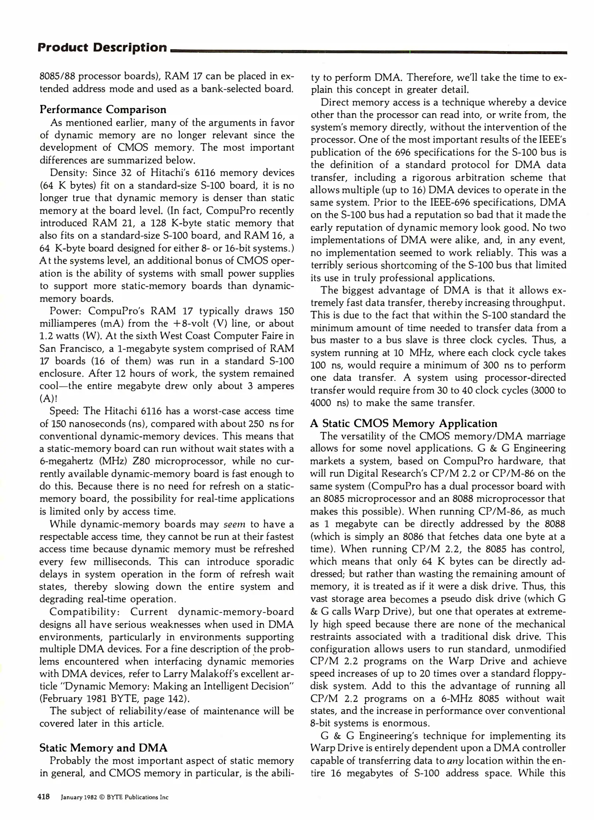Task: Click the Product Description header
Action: [102, 47]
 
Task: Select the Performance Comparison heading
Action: [103, 109]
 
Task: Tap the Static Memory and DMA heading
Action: [103, 748]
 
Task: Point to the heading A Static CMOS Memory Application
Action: [404, 423]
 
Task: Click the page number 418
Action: [44, 797]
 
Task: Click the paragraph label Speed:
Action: [64, 411]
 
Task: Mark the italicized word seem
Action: [234, 524]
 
